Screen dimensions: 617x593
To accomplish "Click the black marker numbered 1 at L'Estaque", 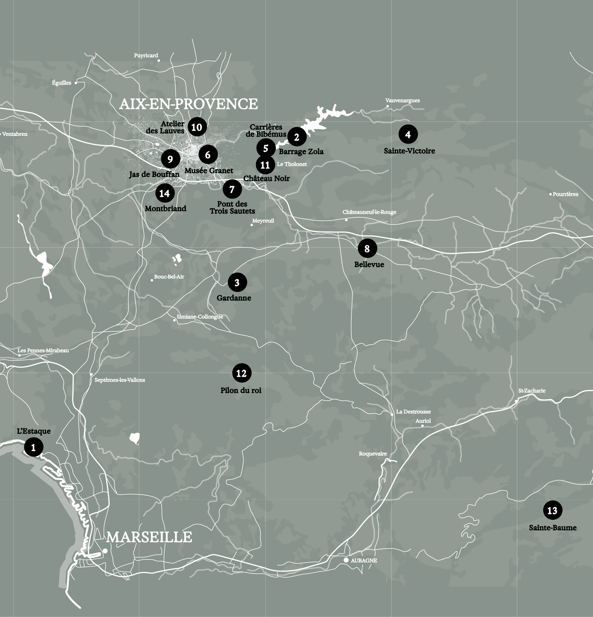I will click(x=33, y=447).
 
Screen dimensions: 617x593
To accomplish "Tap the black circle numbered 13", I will click(x=552, y=510).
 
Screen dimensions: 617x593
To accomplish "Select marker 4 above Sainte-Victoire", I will click(x=408, y=134).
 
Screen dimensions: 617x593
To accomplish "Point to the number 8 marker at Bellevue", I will click(x=367, y=248).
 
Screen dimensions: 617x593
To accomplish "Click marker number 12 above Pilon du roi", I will click(x=241, y=373).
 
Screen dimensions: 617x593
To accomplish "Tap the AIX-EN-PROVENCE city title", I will click(x=188, y=104).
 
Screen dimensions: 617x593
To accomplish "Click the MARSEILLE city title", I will click(x=149, y=537).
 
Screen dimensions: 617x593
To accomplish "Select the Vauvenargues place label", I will click(x=402, y=101).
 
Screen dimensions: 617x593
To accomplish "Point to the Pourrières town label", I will click(x=565, y=194).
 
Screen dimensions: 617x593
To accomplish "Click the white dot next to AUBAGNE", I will click(x=346, y=560).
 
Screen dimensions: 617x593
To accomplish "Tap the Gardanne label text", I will click(x=234, y=298).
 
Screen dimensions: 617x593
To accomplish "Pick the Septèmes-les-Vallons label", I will click(x=120, y=380).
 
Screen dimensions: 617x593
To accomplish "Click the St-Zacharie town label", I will click(x=532, y=391).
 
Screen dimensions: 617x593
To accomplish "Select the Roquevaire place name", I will click(x=373, y=454).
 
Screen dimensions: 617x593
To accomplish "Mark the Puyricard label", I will click(x=146, y=55).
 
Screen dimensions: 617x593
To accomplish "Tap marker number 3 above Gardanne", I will click(x=237, y=282).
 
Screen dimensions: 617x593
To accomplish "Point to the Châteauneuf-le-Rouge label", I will click(x=369, y=212).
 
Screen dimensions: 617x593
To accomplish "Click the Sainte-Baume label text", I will click(x=552, y=528).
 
